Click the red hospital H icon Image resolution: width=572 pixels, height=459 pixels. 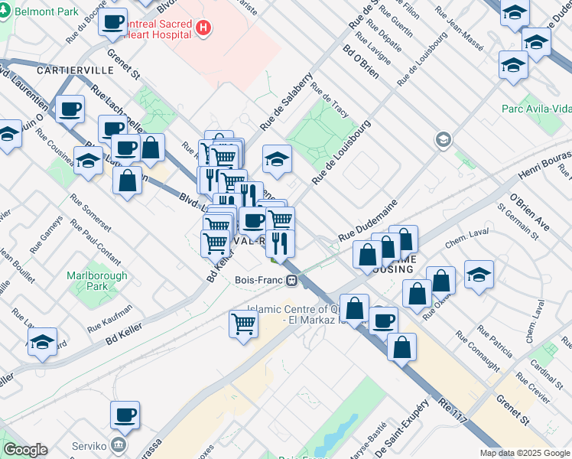click(203, 28)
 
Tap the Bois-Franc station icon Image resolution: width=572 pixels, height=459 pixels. click(292, 281)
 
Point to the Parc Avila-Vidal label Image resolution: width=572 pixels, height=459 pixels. click(536, 109)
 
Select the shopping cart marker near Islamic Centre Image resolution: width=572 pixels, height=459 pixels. click(243, 323)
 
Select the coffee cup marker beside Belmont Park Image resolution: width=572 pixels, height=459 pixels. click(113, 22)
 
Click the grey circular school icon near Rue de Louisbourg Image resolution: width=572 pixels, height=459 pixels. click(442, 139)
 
